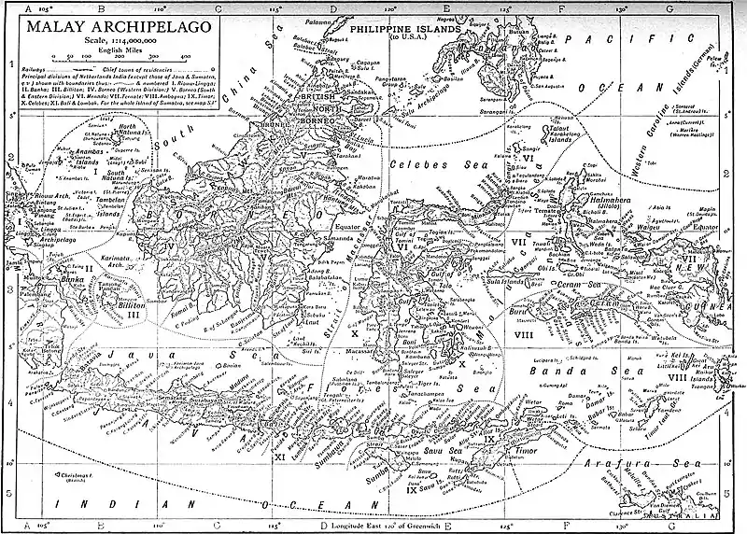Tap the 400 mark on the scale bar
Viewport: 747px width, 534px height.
click(x=186, y=57)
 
